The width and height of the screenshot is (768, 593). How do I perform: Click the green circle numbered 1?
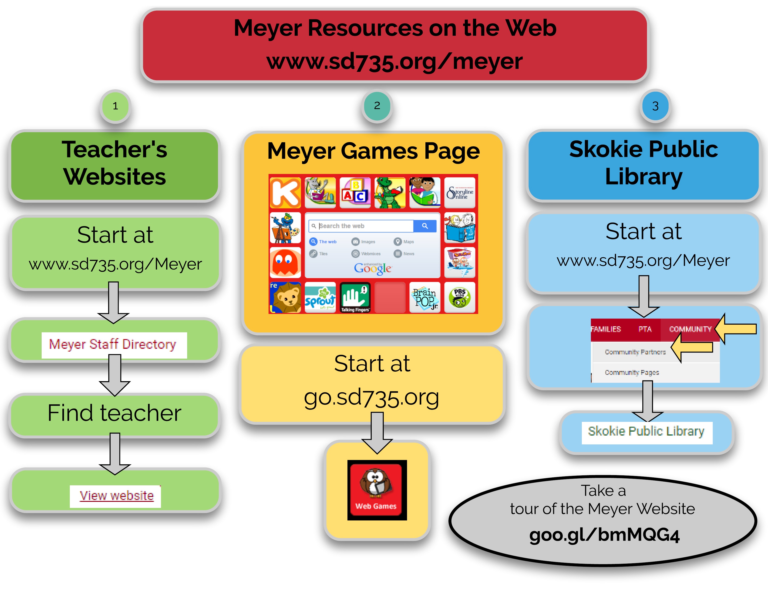(x=115, y=106)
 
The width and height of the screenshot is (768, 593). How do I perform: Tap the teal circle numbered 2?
(x=377, y=106)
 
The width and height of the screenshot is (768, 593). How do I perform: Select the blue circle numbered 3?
(x=655, y=106)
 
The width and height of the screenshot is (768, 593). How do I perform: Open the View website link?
(x=116, y=496)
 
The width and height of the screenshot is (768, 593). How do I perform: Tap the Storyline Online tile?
(x=460, y=193)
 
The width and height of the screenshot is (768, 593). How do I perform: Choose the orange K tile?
(x=285, y=193)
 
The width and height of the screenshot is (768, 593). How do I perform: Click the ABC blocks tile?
(x=355, y=193)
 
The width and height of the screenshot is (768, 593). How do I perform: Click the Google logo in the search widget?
(x=372, y=269)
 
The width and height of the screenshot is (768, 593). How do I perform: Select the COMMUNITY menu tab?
(x=690, y=329)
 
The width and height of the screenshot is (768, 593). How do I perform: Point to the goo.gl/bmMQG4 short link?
(x=604, y=535)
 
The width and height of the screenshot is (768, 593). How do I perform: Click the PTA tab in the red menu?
(x=645, y=329)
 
